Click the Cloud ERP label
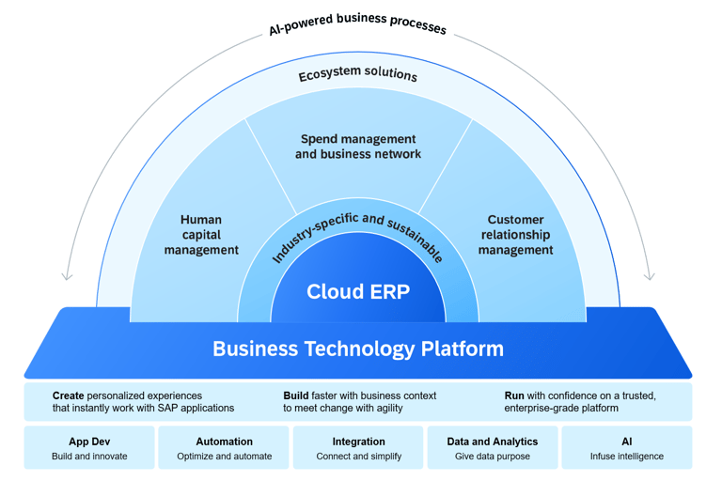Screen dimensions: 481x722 358,291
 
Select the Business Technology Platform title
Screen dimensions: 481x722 358,349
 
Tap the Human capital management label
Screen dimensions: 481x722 201,235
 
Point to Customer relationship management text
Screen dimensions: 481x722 515,235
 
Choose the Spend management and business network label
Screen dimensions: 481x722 358,147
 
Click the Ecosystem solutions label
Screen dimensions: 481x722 358,74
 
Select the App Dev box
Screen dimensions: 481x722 89,448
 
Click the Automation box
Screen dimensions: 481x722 224,448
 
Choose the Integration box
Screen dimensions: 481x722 358,448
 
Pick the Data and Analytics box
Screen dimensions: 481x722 493,448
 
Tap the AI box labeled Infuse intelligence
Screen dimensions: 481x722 627,448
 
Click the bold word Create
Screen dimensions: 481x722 69,396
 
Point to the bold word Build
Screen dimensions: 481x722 297,396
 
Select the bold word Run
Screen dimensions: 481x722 514,396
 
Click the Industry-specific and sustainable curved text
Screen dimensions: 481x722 358,235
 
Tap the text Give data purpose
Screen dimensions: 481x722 493,457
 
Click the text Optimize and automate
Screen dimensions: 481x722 224,457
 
